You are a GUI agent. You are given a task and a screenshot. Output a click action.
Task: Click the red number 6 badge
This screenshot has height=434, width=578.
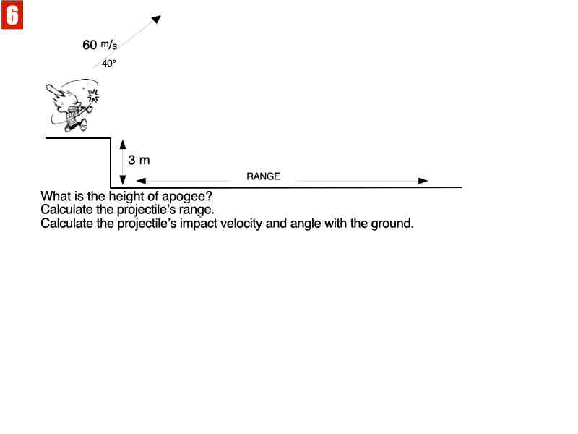point(12,14)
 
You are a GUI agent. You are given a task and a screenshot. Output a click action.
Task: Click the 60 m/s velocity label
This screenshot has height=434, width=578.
point(100,45)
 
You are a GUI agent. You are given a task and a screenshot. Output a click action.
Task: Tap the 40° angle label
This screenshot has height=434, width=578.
point(109,64)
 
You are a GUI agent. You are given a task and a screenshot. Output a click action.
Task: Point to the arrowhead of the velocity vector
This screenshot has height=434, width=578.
point(156,19)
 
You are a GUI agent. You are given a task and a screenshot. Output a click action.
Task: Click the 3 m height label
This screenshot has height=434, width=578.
point(139,160)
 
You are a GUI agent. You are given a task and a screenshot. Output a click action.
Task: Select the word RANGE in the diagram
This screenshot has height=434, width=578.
point(263,176)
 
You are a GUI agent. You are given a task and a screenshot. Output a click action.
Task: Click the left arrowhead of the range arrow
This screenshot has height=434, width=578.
point(141,180)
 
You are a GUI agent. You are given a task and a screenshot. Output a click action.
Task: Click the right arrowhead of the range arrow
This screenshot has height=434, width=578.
point(423,180)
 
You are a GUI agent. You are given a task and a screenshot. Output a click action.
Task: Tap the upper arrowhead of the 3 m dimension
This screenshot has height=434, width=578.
point(123,144)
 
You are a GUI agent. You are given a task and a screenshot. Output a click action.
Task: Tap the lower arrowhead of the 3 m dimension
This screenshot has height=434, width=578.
point(123,179)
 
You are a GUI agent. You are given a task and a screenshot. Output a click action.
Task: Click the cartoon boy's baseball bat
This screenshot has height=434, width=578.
point(56,92)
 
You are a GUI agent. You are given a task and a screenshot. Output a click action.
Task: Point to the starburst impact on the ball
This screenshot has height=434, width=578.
point(93,96)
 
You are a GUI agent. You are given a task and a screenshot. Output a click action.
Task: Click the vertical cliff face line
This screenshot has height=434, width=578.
point(111,163)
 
